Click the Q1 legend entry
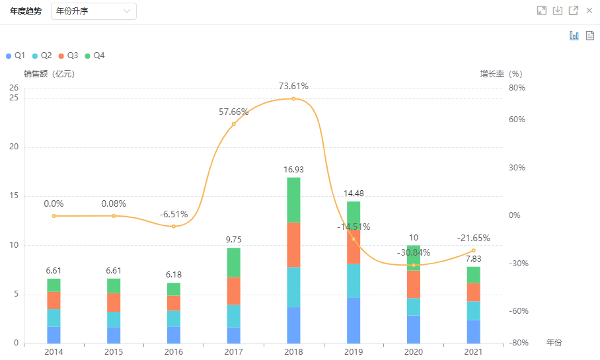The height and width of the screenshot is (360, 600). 15,56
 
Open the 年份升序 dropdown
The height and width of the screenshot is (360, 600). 93,11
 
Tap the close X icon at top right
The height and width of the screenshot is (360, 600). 589,11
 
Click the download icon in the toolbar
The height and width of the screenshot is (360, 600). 558,11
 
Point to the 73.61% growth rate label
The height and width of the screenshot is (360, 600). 293,87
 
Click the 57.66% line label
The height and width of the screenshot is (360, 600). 233,112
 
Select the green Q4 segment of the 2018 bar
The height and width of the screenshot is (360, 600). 293,199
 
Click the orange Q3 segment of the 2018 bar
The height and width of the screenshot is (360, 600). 293,244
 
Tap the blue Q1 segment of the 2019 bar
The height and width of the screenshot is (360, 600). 354,320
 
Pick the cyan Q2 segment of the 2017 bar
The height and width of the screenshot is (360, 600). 233,316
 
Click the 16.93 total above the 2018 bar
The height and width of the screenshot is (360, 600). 293,170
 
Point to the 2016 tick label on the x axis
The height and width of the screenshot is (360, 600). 173,352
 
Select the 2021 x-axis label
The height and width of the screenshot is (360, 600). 473,352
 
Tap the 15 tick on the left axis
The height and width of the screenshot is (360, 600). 14,196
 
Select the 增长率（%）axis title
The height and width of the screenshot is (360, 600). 501,74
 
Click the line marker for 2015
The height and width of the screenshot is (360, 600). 114,216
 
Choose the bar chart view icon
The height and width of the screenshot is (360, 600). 574,36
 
